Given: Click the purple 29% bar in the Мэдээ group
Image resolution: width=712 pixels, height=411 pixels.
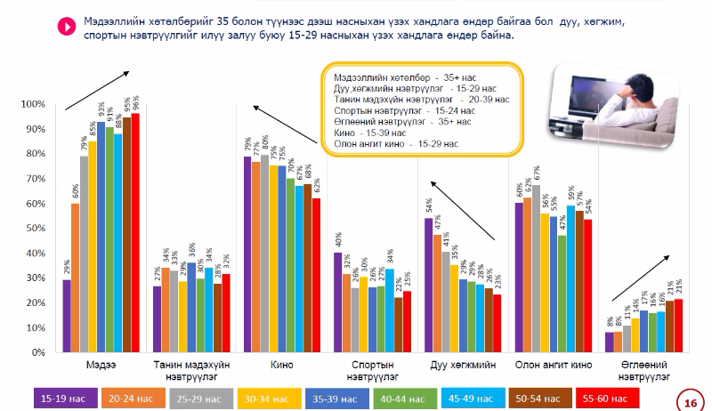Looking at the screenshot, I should click(67, 316).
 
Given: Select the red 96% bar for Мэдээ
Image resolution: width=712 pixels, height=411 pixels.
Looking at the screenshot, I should click(135, 233).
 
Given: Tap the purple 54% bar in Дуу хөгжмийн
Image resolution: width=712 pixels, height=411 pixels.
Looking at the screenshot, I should click(428, 285).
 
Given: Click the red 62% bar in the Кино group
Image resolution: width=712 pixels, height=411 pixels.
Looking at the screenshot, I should click(316, 276).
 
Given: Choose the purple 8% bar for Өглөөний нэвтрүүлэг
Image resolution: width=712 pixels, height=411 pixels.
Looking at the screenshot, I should click(610, 342).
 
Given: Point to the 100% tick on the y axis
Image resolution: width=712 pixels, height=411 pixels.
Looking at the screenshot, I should click(44, 105).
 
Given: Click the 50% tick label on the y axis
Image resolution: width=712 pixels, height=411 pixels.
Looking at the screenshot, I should click(44, 229).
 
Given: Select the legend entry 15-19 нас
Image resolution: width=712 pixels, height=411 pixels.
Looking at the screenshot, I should click(63, 397).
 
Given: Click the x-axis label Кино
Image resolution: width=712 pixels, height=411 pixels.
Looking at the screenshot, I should click(283, 365).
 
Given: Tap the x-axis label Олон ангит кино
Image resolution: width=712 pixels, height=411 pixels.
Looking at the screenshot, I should click(554, 365).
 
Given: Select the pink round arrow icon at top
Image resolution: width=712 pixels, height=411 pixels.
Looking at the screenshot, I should click(64, 27).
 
